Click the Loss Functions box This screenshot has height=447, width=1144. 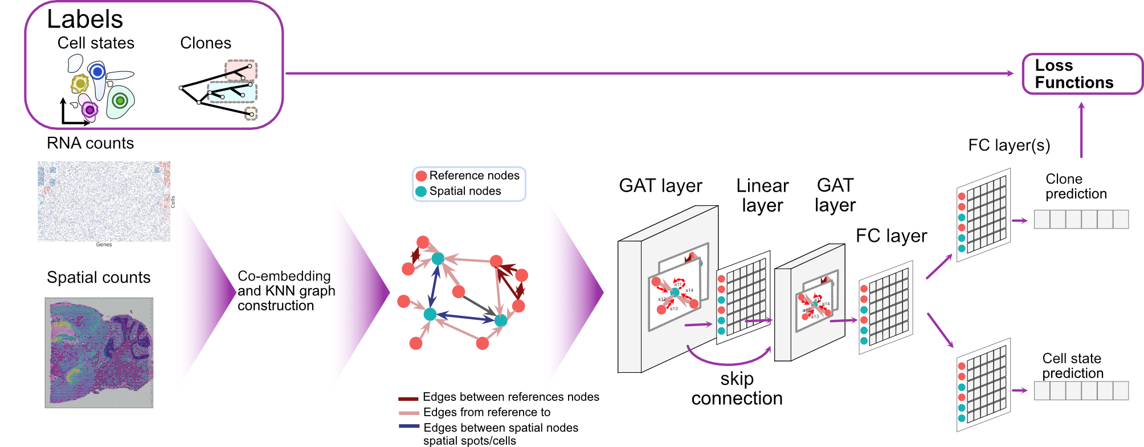[1082, 74]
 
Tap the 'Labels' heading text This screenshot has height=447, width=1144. [85, 19]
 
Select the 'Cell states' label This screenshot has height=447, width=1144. [96, 43]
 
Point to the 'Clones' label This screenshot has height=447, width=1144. [206, 43]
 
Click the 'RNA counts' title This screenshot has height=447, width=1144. [90, 143]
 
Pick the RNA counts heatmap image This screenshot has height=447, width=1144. [104, 201]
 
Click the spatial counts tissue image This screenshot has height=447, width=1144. [99, 352]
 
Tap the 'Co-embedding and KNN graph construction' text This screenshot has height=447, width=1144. [286, 291]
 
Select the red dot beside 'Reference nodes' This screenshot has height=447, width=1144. [422, 176]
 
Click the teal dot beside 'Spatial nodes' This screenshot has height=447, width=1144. [421, 192]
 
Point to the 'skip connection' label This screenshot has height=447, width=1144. [737, 388]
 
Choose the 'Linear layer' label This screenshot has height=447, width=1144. [762, 195]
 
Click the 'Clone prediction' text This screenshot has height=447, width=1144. [1076, 186]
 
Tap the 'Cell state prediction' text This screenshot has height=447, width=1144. [1072, 366]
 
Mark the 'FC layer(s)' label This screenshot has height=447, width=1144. [1009, 145]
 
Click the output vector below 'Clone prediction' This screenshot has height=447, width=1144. [1081, 220]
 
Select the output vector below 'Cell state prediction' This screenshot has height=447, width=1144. [1081, 391]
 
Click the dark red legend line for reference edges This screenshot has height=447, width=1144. [408, 399]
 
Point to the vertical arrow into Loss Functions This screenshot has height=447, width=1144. [1081, 130]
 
